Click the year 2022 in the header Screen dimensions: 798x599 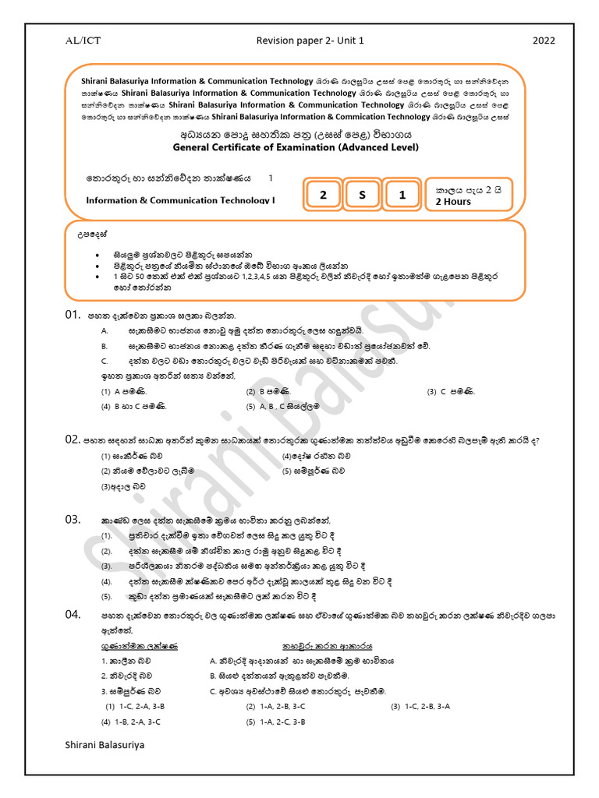click(543, 41)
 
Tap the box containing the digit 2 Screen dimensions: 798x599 click(323, 195)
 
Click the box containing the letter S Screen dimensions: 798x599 click(362, 195)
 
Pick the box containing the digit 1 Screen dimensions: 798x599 click(402, 195)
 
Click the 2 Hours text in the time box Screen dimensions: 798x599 click(453, 202)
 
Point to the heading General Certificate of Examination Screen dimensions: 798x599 click(299, 147)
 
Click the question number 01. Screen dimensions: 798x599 click(73, 315)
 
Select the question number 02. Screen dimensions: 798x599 click(73, 440)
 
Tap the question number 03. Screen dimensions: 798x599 click(73, 519)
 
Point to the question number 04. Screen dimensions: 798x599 click(73, 615)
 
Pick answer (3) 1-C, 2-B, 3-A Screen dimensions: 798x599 click(421, 706)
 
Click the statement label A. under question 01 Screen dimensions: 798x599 click(104, 331)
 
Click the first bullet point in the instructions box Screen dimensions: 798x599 click(97, 254)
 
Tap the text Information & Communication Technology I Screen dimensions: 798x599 click(181, 200)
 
